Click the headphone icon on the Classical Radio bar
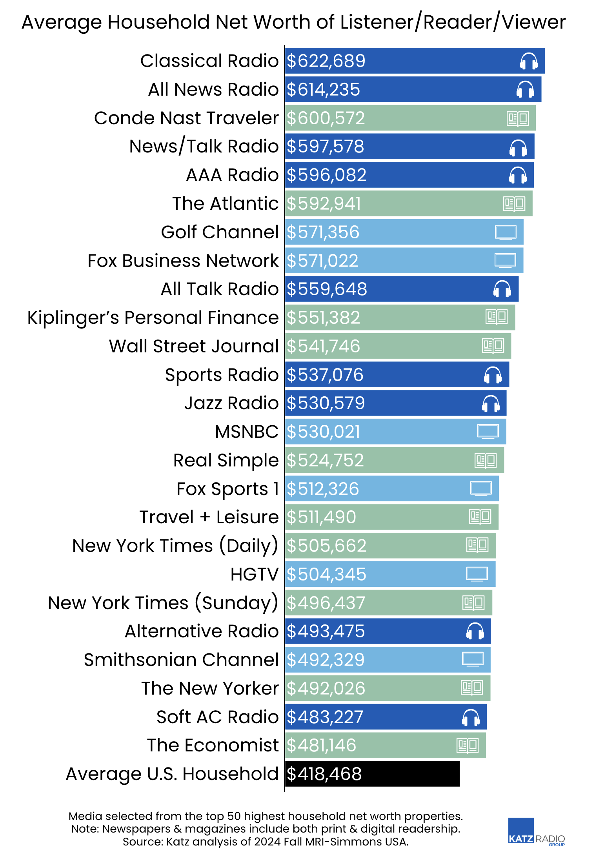click(528, 61)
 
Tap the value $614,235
click(323, 90)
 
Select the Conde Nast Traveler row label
click(186, 118)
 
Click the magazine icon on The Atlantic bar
click(514, 204)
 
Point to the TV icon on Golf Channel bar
click(505, 232)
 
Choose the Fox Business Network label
click(183, 261)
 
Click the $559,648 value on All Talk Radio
click(327, 289)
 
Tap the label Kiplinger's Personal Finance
click(153, 318)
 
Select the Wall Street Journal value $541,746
click(323, 347)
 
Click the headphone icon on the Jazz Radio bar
click(491, 403)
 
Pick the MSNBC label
click(247, 432)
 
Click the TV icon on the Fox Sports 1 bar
click(481, 489)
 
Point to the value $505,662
click(326, 546)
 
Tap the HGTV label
click(255, 575)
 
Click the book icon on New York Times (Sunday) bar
click(473, 603)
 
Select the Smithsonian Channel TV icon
click(473, 659)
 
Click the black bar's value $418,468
click(324, 774)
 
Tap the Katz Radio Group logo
click(536, 832)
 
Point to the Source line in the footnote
click(266, 842)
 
